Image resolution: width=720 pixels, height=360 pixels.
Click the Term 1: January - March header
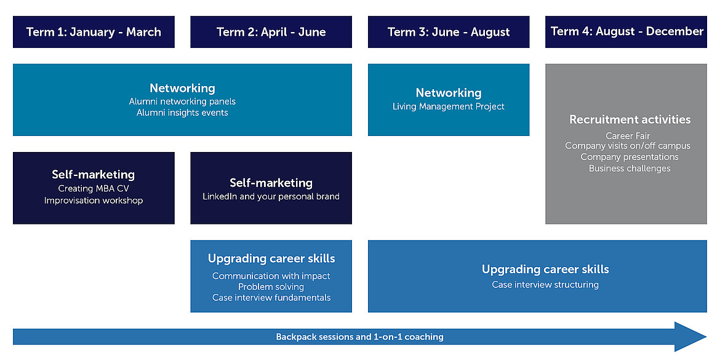(94, 31)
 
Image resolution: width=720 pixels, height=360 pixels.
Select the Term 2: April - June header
(271, 31)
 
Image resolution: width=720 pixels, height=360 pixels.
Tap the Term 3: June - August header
(449, 31)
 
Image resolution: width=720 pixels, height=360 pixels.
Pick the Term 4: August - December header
(626, 31)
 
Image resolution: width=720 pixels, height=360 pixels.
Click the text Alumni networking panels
(182, 102)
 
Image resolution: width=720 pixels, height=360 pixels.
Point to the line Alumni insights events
(182, 113)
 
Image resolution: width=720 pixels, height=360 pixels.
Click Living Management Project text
(449, 106)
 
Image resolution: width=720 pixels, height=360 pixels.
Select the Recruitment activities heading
(630, 119)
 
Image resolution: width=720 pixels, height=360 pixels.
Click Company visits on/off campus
(628, 146)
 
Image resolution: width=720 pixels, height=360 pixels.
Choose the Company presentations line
(630, 157)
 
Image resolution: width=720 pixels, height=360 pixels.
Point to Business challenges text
(630, 169)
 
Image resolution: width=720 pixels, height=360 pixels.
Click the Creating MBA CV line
(93, 189)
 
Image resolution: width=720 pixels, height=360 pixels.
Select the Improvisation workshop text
(94, 201)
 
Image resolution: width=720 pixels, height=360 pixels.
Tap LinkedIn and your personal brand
(271, 196)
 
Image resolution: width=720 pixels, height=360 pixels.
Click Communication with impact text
(271, 276)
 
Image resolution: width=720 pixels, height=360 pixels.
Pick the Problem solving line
(271, 287)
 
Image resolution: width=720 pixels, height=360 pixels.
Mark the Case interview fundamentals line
(271, 298)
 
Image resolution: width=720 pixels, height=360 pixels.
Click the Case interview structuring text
(545, 285)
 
